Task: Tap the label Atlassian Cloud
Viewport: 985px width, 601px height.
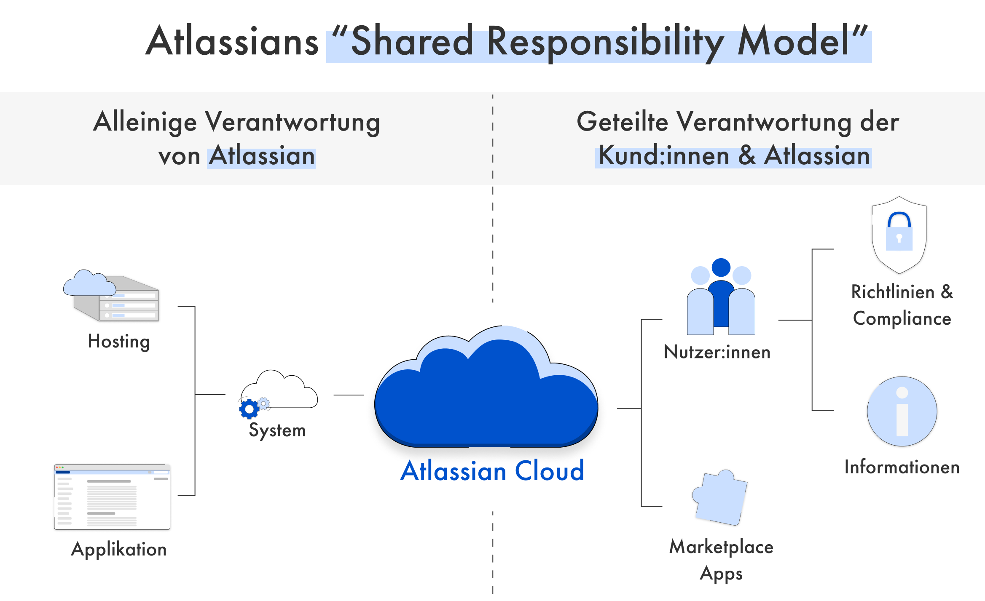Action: pos(492,471)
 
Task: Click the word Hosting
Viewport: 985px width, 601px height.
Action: pos(119,342)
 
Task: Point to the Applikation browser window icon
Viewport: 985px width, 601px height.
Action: pos(112,497)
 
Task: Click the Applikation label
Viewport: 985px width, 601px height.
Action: pos(119,550)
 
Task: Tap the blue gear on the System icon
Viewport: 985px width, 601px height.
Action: pos(249,409)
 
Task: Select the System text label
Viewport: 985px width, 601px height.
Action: pos(277,430)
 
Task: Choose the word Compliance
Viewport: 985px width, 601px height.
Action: pos(902,319)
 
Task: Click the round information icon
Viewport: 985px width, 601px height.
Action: pos(902,411)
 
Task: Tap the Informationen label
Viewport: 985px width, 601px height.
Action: pos(902,467)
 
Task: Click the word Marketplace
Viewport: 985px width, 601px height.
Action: pos(721,547)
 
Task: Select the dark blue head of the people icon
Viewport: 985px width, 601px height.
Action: pos(721,267)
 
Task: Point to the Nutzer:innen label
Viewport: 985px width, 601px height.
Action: pos(717,352)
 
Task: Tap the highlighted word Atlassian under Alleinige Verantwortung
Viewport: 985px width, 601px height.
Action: pos(262,156)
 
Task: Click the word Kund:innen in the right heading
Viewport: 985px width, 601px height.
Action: pos(664,156)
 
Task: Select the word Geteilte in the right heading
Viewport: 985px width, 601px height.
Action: pos(622,122)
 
